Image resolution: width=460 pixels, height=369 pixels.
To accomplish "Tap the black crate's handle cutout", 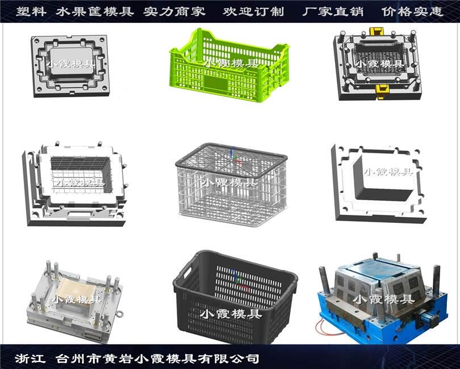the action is click(x=188, y=272).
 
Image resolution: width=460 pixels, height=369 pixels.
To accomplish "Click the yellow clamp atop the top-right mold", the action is click(x=377, y=32).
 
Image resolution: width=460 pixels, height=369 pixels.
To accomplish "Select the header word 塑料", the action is click(x=31, y=11).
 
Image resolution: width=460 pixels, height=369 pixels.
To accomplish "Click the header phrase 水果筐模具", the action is click(x=95, y=11).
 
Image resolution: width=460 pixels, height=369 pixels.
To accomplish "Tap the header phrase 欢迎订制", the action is click(x=253, y=11).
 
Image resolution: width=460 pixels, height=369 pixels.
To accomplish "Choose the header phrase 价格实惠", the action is click(x=412, y=11).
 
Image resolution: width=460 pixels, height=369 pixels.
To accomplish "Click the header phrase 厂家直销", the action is click(x=333, y=11).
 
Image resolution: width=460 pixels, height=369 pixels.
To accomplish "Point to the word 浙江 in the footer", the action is click(x=30, y=358).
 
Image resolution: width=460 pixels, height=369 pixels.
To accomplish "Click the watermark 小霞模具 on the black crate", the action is click(x=231, y=314).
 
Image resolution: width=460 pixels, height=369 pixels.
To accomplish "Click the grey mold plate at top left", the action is click(x=70, y=66).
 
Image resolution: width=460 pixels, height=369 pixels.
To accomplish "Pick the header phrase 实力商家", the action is click(x=174, y=11).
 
